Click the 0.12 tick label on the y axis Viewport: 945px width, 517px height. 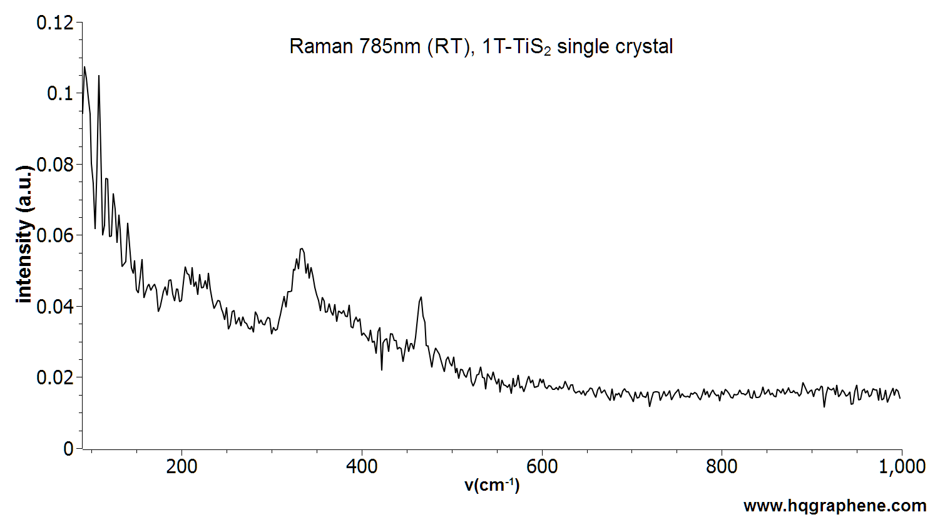click(55, 23)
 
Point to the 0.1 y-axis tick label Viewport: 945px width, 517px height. click(60, 94)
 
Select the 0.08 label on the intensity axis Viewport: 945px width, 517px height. click(55, 165)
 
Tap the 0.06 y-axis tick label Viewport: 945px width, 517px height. click(55, 236)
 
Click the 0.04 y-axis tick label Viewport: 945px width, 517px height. click(55, 307)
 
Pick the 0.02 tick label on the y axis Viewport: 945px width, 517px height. click(55, 378)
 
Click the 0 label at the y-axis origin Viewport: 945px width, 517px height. click(68, 449)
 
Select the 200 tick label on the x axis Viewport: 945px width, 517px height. click(181, 467)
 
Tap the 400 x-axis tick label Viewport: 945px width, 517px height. click(362, 467)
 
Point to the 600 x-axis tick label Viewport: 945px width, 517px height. click(541, 467)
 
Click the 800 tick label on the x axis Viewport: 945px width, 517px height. click(722, 467)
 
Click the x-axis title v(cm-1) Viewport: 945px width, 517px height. click(492, 485)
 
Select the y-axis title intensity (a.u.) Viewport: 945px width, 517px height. click(25, 235)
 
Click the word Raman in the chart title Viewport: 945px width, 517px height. click(320, 46)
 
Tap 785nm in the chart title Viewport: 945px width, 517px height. click(390, 46)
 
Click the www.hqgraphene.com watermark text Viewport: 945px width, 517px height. click(835, 506)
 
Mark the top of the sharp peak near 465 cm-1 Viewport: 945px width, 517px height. click(421, 297)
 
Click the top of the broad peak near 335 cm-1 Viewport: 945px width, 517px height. click(302, 248)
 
